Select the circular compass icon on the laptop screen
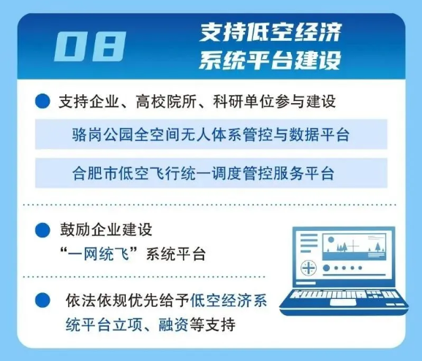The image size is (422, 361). (x=309, y=268)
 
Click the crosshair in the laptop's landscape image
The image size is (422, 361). (x=355, y=247)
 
